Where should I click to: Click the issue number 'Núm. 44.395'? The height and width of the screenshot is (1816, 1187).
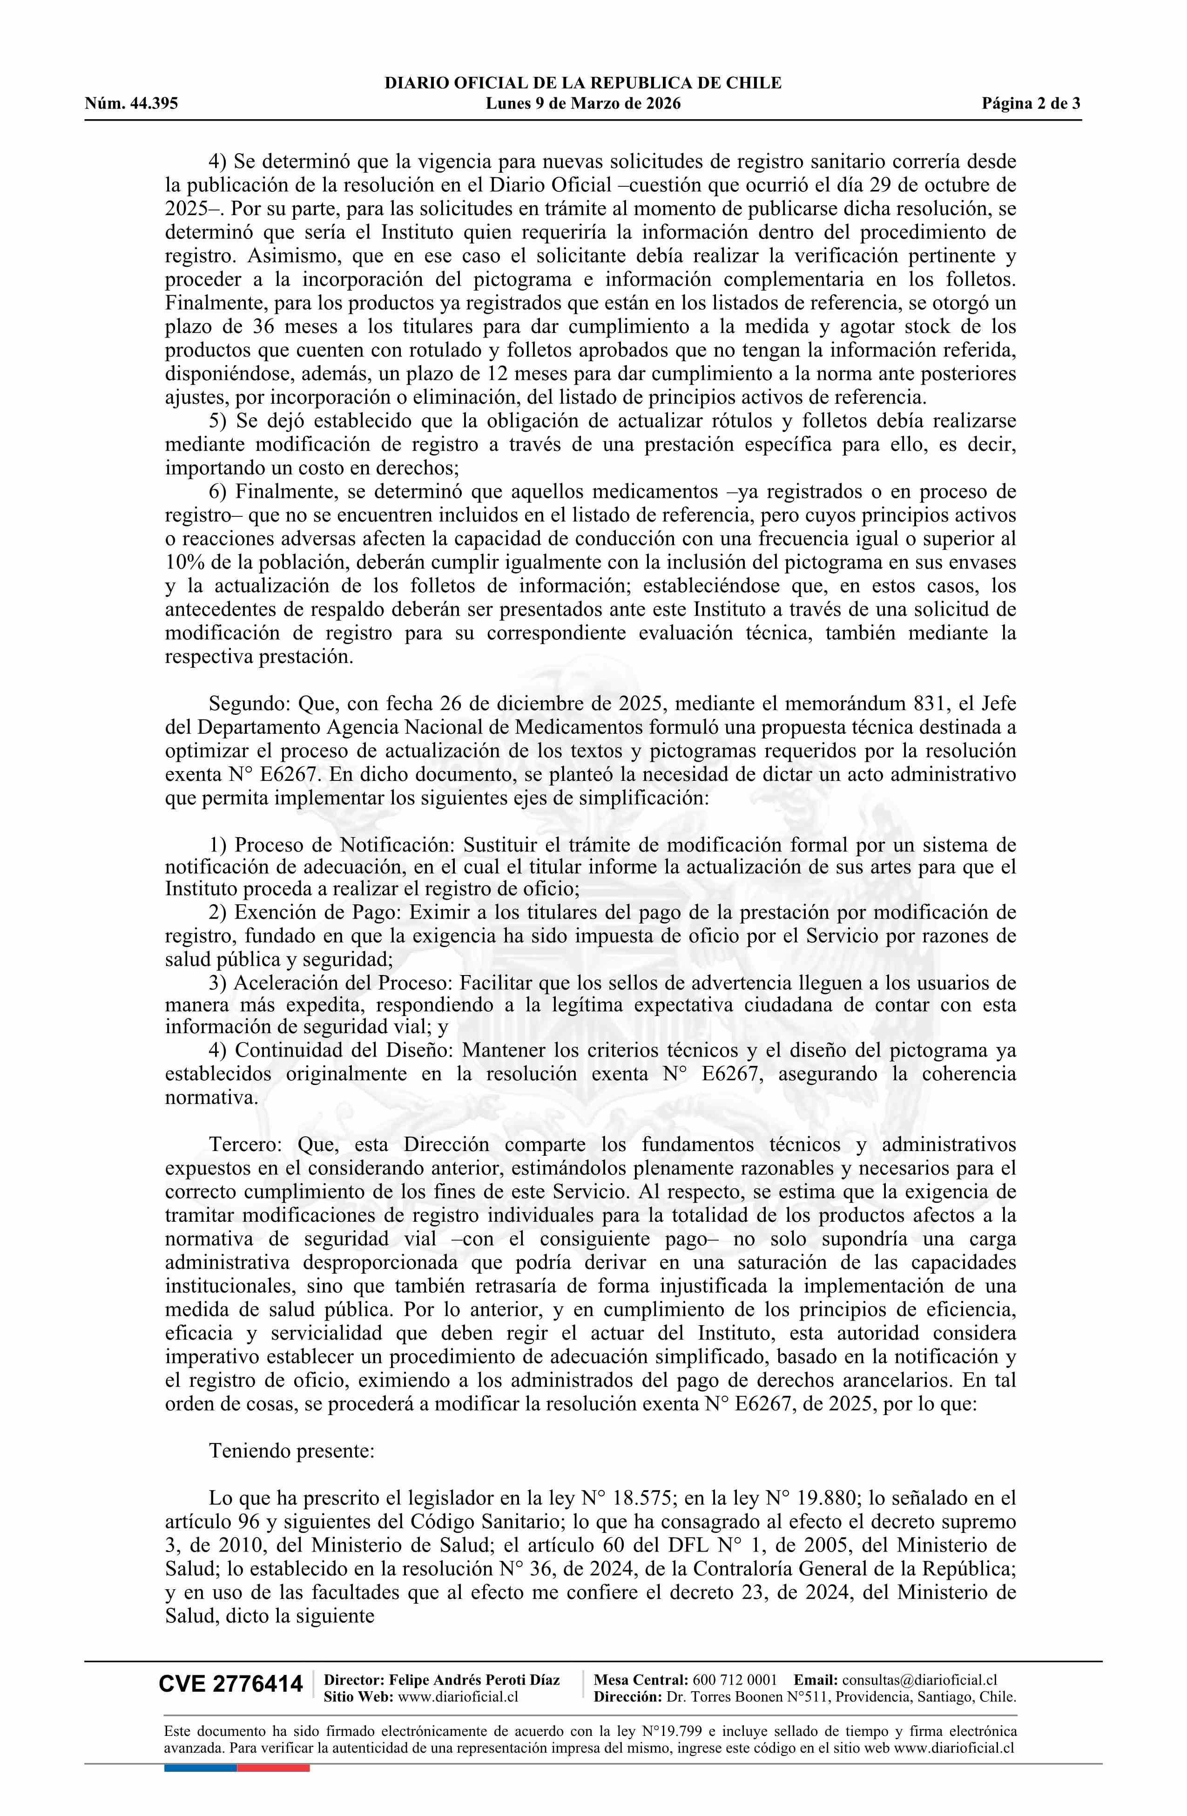pyautogui.click(x=131, y=104)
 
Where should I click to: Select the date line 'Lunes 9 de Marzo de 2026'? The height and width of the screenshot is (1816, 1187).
pyautogui.click(x=583, y=104)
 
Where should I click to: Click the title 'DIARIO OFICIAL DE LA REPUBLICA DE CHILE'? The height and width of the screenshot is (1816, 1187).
pyautogui.click(x=583, y=83)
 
